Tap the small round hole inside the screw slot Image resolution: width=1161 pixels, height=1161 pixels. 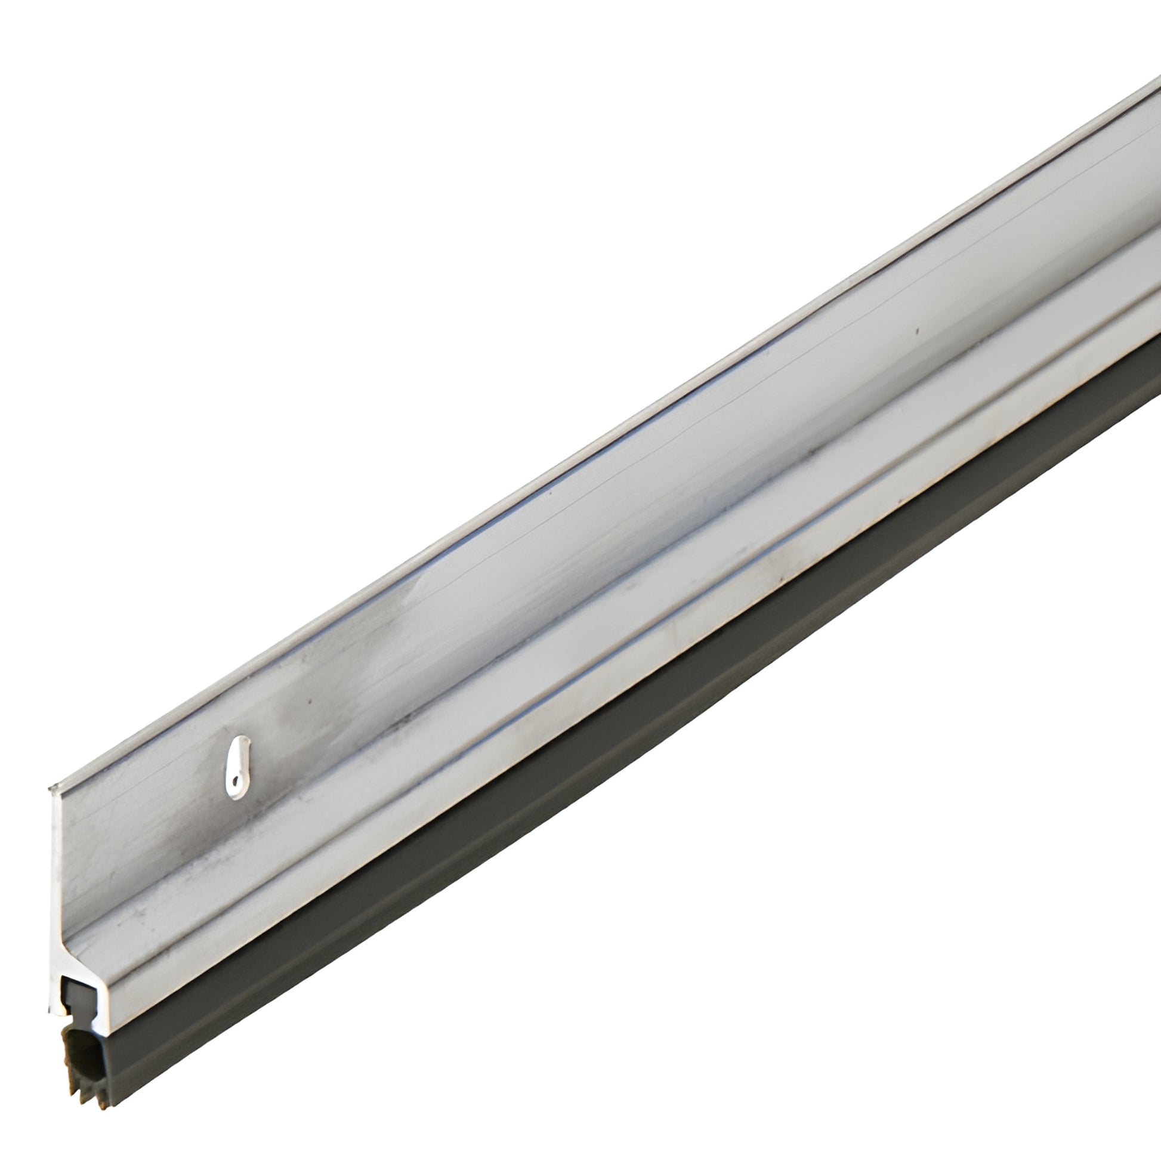point(236,781)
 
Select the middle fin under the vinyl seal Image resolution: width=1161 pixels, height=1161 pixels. point(82,1093)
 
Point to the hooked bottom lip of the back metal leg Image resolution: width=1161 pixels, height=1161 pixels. point(57,1012)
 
